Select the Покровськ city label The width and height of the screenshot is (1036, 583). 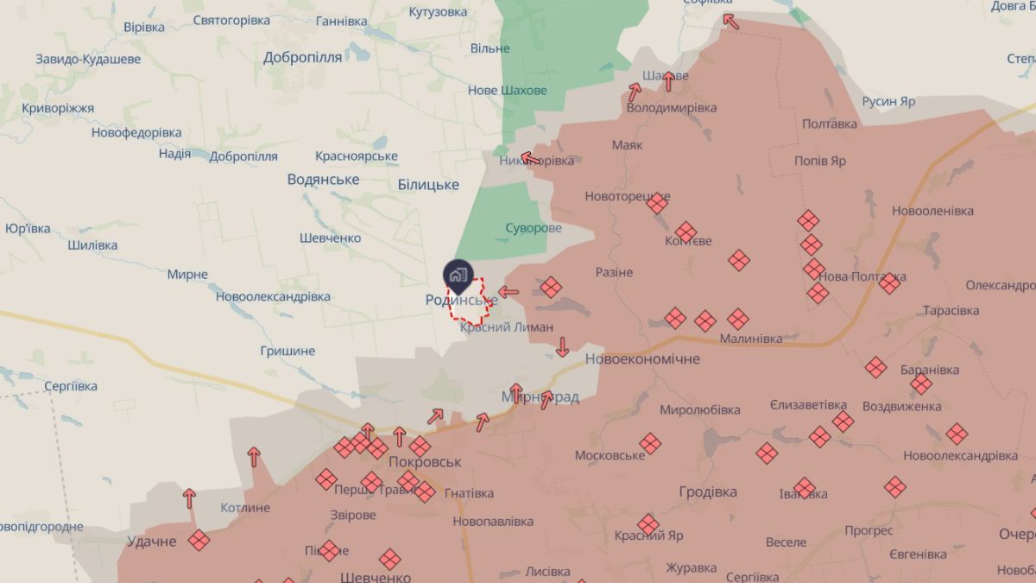(425, 461)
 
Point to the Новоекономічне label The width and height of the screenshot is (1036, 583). (642, 358)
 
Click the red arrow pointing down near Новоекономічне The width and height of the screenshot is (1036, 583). (562, 346)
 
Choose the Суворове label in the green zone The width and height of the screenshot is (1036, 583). (534, 228)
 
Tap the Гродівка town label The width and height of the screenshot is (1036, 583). (708, 491)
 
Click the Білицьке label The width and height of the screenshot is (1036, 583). (428, 185)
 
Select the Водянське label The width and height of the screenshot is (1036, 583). (323, 180)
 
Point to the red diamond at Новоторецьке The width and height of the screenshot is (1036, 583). (658, 203)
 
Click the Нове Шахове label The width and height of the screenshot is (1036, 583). (507, 91)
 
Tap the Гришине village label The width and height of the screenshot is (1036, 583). (287, 352)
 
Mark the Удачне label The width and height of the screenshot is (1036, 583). (152, 542)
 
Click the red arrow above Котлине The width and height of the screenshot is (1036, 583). (254, 457)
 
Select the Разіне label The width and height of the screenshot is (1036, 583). (614, 272)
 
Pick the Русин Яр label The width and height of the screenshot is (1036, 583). (888, 101)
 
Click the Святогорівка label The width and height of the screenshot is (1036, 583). (231, 20)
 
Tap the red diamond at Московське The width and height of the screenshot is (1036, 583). (650, 443)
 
